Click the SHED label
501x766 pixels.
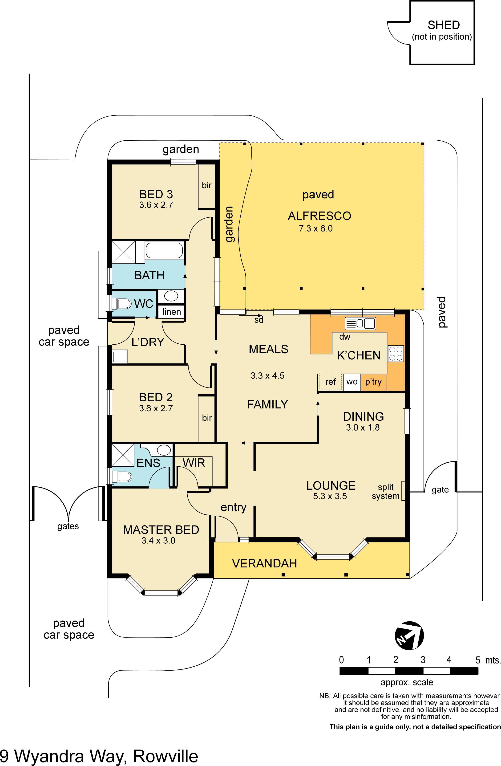coord(443,25)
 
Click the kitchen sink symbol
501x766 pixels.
coord(360,323)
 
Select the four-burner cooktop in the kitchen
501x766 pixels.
coord(396,353)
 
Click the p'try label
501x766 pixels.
coord(373,382)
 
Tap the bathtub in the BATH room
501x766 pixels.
coord(164,250)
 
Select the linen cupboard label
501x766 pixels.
coord(171,312)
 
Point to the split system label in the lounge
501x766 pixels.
coord(385,491)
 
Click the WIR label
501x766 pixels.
coord(194,463)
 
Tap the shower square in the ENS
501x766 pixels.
coord(123,455)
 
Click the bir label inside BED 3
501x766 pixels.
coord(206,185)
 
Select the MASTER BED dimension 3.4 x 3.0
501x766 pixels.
coord(158,541)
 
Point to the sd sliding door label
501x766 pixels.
coord(259,320)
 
